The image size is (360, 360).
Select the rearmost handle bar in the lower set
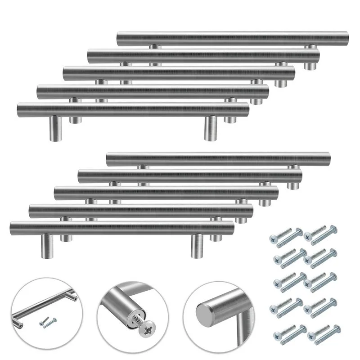click(x=219, y=159)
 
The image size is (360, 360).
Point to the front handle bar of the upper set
click(x=133, y=110)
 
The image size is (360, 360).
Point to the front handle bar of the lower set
click(x=121, y=228)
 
